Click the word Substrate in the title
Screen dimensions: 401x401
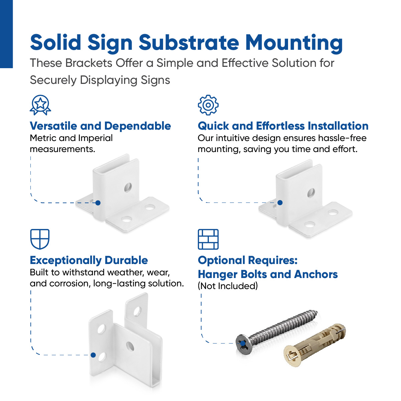click(189, 43)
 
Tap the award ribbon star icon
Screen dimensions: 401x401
click(40, 105)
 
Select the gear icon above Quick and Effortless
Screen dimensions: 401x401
click(208, 105)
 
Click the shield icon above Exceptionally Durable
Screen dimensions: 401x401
click(40, 239)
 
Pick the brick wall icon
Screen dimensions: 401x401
click(208, 239)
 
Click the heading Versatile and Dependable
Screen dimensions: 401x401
click(100, 126)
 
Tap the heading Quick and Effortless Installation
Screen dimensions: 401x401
click(283, 126)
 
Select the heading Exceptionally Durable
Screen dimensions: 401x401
click(89, 260)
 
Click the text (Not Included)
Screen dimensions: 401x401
click(228, 286)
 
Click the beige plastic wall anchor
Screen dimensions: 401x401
click(314, 344)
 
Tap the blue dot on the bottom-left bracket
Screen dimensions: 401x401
click(93, 355)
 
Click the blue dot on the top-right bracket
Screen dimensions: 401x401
click(280, 203)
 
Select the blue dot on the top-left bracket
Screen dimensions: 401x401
click(98, 203)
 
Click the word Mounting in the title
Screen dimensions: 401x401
click(294, 43)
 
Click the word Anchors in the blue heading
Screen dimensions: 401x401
click(316, 274)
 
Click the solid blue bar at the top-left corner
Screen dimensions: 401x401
click(6, 33)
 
